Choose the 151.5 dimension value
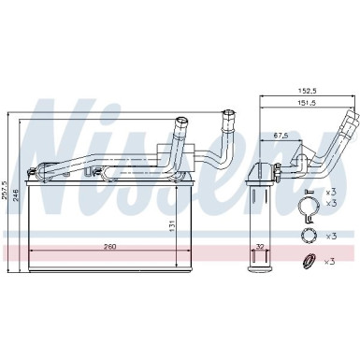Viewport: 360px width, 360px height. click(x=304, y=103)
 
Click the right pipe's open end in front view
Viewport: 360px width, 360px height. click(x=227, y=113)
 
